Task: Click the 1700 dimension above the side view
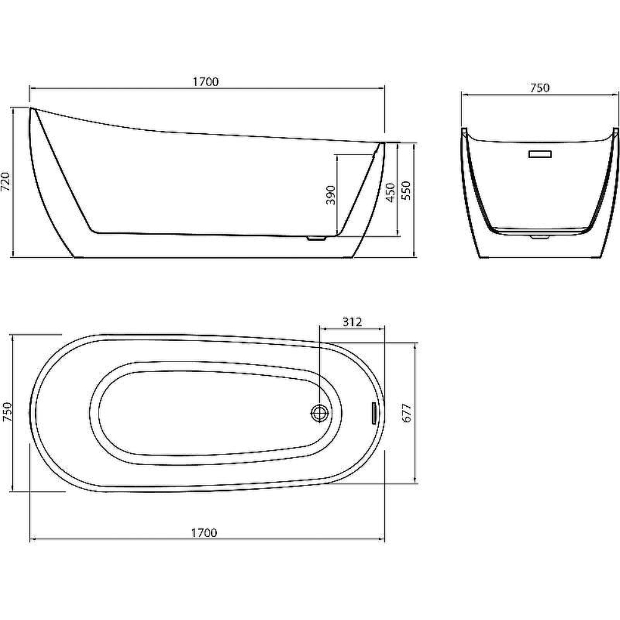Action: click(x=205, y=81)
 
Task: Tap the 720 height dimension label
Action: click(x=6, y=182)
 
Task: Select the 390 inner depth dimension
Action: click(x=330, y=195)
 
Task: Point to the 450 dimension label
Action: click(x=390, y=193)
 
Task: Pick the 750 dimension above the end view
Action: click(x=540, y=87)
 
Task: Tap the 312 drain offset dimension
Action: click(x=352, y=322)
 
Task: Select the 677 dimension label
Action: click(x=407, y=413)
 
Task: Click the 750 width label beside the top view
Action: click(x=7, y=412)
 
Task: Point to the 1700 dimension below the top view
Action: click(x=204, y=533)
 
